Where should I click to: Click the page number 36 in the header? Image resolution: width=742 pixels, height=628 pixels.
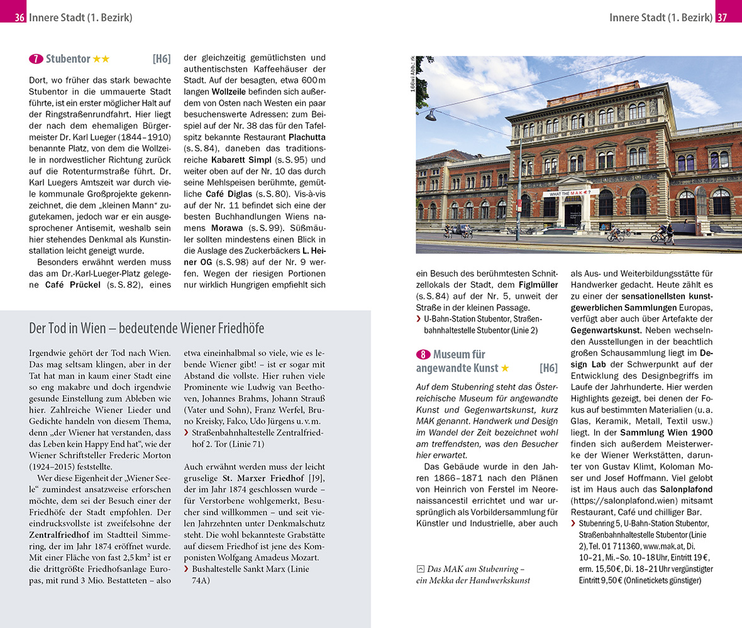(x=19, y=18)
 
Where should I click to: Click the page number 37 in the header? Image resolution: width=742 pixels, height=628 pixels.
(x=722, y=18)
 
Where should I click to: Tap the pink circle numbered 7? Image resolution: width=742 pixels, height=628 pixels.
(x=36, y=59)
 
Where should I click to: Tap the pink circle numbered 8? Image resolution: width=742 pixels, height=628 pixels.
(x=423, y=355)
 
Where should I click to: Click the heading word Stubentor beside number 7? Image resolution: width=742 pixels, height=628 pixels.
(x=69, y=59)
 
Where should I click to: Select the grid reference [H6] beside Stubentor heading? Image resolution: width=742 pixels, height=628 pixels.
(x=161, y=59)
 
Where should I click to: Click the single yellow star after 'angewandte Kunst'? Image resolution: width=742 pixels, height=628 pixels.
(x=505, y=368)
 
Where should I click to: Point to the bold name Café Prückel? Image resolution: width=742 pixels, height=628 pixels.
(x=70, y=284)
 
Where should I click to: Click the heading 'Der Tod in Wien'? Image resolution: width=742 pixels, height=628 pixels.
(x=147, y=328)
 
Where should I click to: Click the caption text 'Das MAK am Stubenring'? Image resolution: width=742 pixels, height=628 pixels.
(x=476, y=569)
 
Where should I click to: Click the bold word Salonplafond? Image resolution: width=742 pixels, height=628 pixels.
(x=686, y=489)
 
